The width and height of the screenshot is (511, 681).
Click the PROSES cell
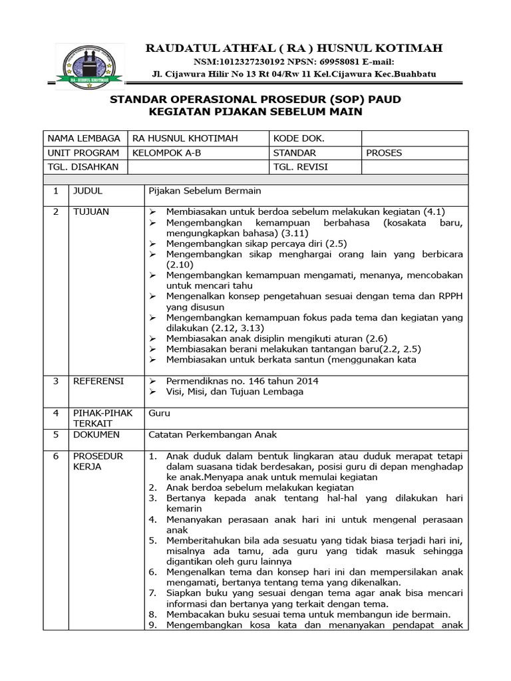point(384,153)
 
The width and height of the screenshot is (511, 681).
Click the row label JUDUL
point(88,192)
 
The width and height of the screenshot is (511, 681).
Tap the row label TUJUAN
point(91,211)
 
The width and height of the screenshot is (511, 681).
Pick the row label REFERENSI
point(98,381)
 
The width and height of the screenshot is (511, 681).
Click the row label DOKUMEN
point(96,435)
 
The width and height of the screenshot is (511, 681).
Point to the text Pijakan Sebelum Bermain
point(205,192)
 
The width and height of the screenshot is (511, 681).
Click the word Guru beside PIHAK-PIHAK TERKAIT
point(160,413)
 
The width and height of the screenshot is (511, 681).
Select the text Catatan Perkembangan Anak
point(212,435)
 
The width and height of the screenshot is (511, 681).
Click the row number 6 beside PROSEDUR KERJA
point(57,456)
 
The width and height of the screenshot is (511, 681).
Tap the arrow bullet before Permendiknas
point(153,381)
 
